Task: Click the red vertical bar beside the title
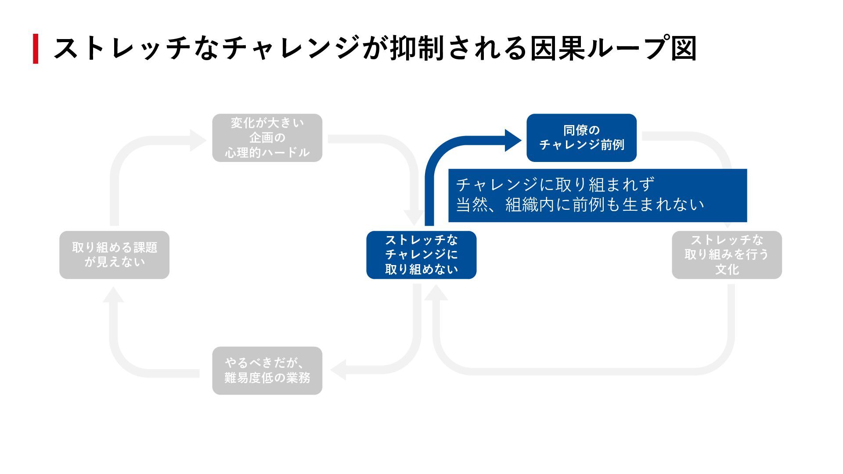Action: tap(36, 49)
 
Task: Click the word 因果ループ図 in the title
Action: tap(613, 48)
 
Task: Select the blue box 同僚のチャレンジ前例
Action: tap(581, 138)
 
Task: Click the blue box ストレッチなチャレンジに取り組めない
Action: tap(421, 255)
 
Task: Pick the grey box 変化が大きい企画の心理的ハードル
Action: tap(267, 138)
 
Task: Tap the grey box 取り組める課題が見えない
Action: tap(114, 255)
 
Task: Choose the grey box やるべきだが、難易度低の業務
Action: tap(267, 371)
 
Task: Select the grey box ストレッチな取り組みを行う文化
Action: tap(727, 255)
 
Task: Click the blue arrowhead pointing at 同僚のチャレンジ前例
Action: tap(512, 140)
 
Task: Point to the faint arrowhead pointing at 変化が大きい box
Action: tap(198, 140)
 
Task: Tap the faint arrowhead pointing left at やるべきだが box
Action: tap(338, 370)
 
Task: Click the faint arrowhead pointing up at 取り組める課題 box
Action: tap(113, 295)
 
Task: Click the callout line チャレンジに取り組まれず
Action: tap(555, 185)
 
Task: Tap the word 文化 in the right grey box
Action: tap(727, 269)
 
